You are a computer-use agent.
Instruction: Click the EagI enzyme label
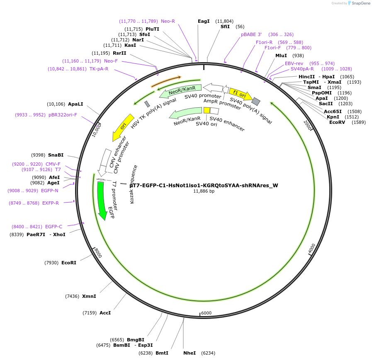point(204,21)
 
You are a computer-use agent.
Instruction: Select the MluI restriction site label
point(281,56)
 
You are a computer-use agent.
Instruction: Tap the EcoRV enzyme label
point(337,122)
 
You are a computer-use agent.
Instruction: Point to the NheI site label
point(190,353)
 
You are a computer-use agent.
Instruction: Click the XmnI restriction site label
point(89,296)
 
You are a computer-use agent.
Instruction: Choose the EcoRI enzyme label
point(69,263)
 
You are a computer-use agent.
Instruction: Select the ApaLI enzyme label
point(75,104)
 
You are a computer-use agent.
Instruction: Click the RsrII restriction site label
point(119,53)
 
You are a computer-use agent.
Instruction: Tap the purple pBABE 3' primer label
point(251,34)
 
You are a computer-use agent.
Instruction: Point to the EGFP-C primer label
point(53,227)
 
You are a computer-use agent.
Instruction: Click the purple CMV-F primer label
point(53,164)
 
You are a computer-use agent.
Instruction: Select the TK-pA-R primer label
point(99,69)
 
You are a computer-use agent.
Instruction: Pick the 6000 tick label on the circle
point(206,313)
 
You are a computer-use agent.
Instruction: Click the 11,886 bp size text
point(204,191)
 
